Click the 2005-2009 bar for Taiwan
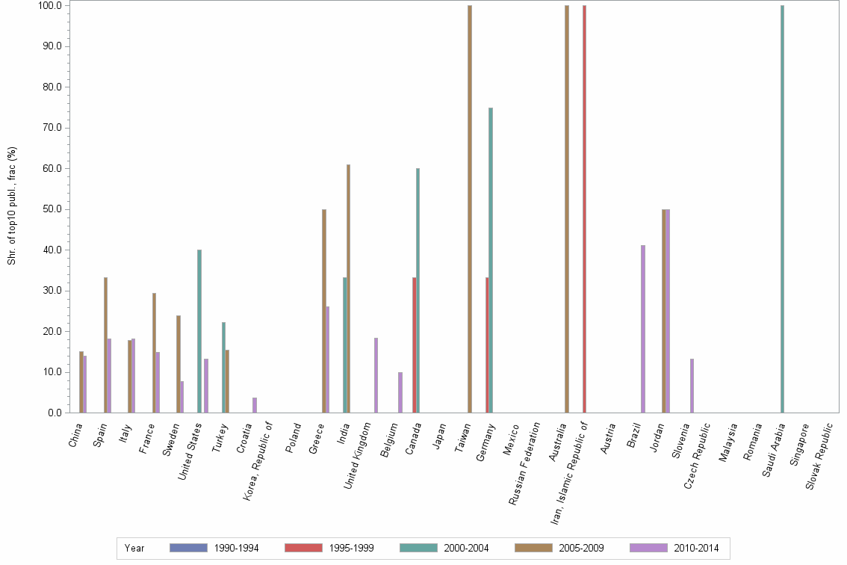(x=470, y=209)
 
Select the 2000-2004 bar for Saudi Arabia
(x=782, y=209)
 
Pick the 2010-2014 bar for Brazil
(x=643, y=329)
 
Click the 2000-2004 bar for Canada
(x=418, y=291)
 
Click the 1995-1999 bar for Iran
(x=584, y=209)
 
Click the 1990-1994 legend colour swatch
(x=188, y=548)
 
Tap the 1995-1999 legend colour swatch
(x=303, y=548)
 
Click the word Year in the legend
(x=134, y=549)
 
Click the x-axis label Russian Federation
(x=525, y=463)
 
